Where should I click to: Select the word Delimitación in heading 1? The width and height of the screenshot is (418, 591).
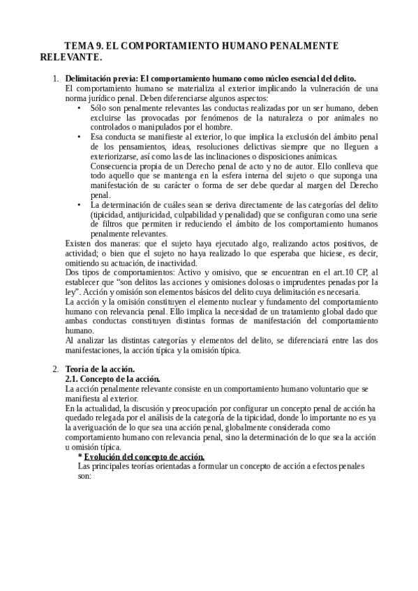coord(89,78)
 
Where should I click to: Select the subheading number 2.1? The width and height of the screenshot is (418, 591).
coord(73,378)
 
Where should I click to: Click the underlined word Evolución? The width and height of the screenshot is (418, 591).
coord(107,456)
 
